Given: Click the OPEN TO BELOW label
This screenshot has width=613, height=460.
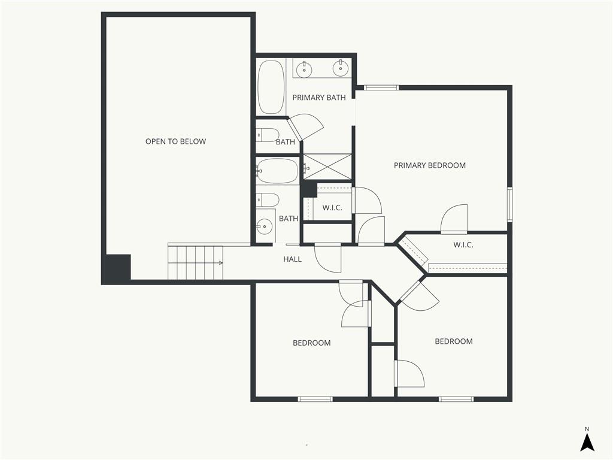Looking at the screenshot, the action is coord(175,141).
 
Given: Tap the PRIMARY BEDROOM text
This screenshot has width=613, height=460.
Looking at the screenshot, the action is coord(430,165).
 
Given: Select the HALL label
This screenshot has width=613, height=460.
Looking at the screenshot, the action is coord(292,259).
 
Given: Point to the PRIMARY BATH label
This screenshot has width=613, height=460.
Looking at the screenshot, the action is coord(319,98).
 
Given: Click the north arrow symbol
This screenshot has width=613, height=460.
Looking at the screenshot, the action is coord(587,443).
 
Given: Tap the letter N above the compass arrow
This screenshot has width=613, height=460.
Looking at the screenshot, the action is coord(587,429).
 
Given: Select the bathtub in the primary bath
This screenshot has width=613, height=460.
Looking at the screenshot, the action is coord(271,87).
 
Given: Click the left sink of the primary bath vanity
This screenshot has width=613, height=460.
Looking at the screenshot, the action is coord(304,69).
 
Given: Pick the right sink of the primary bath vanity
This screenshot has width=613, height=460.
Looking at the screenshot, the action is coord(341,68).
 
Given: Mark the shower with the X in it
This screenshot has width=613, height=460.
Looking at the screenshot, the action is coord(328,167).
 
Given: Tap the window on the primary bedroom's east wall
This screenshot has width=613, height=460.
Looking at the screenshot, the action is coord(510,205).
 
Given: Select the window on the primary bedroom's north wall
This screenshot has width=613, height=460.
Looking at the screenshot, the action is coord(381,87).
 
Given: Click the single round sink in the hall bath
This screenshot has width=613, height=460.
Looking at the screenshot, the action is coord(265,226).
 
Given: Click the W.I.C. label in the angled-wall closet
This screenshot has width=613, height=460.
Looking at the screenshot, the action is coord(463,245).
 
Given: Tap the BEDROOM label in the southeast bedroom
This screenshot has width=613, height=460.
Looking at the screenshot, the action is coord(454,341).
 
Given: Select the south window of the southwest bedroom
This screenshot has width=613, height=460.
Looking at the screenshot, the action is coord(315,400).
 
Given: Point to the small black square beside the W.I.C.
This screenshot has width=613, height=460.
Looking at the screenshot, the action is coord(309,190).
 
